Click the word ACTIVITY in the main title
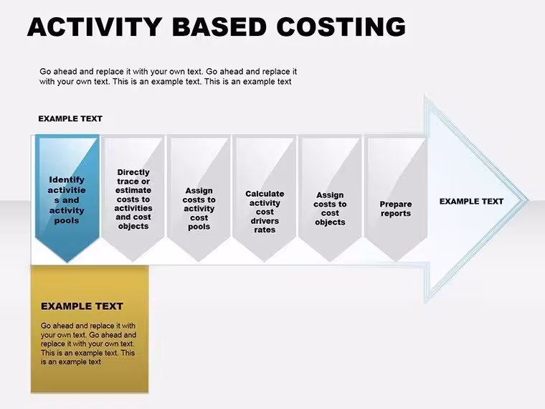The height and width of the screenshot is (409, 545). (x=94, y=27)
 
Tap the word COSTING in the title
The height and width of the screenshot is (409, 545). (x=341, y=27)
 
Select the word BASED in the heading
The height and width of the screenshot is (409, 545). (x=219, y=27)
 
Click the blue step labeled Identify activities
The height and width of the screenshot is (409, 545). (x=67, y=198)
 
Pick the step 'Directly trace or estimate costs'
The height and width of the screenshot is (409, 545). (x=133, y=198)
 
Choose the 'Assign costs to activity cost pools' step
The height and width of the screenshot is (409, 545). (x=199, y=198)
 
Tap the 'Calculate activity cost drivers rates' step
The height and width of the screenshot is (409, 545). (x=265, y=198)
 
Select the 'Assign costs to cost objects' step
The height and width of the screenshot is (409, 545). (x=330, y=198)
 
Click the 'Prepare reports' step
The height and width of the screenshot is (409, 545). (x=396, y=198)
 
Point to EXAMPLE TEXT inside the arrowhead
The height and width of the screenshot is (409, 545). (x=471, y=202)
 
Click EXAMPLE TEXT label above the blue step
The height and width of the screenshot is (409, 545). (x=70, y=118)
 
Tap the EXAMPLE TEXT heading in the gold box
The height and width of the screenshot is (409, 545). (x=82, y=306)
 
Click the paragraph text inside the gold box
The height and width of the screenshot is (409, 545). (x=88, y=344)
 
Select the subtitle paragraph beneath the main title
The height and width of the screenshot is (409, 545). (x=169, y=77)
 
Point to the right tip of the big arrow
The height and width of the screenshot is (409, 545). (x=529, y=200)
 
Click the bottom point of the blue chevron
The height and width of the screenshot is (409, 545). (x=67, y=261)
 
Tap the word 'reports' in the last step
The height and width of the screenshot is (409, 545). (x=396, y=214)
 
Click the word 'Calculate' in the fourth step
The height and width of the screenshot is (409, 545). (x=265, y=194)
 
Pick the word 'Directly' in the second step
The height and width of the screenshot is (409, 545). (x=133, y=172)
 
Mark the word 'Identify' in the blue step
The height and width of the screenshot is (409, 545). (x=67, y=180)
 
